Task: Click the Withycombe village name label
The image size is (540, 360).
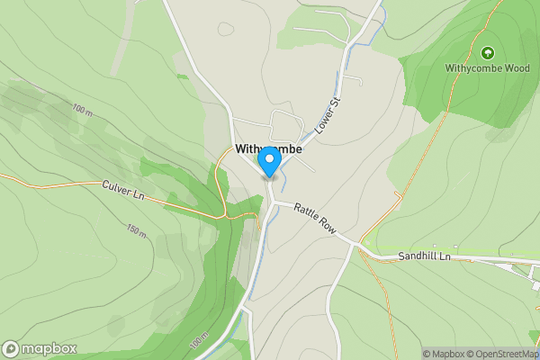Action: point(268,149)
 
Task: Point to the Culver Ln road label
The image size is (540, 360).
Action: point(123,190)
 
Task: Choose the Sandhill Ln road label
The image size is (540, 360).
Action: point(423,257)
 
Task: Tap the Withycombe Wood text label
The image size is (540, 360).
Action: point(487,67)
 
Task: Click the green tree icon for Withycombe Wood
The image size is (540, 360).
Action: point(487,53)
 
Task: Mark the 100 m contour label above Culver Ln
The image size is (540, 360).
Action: point(83,110)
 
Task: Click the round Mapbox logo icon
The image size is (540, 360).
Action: point(11,348)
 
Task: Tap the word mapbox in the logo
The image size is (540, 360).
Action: point(49,348)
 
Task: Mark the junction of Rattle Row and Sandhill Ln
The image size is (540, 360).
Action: point(360,245)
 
